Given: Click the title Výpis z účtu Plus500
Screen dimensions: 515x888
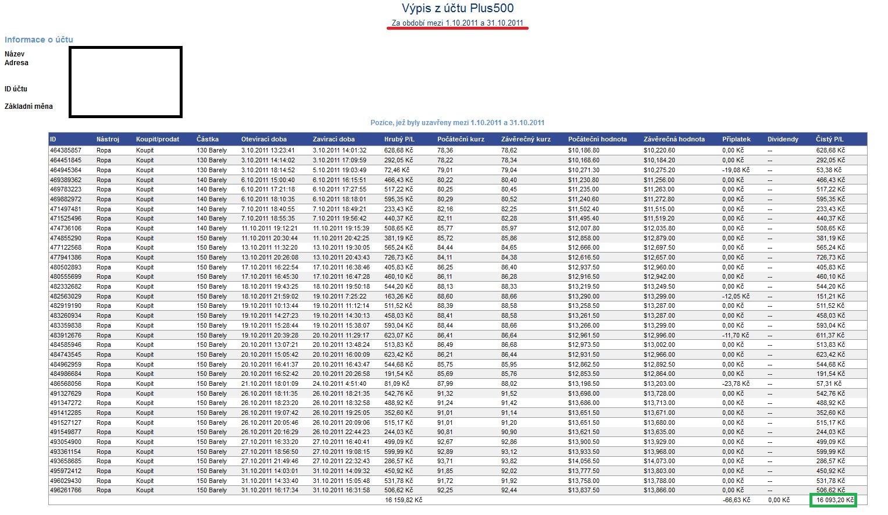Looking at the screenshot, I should (x=458, y=9).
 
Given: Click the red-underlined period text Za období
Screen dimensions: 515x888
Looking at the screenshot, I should (x=458, y=23).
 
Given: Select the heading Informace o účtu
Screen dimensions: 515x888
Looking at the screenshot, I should (x=39, y=40).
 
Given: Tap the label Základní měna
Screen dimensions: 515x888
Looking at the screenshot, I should (x=28, y=106).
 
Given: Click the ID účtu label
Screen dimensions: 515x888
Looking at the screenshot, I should (x=16, y=89).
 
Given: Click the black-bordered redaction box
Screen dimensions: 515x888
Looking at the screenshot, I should (x=125, y=82).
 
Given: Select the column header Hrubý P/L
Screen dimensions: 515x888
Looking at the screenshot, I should (x=399, y=140).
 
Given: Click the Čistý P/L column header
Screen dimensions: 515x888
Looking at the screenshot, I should (x=829, y=140).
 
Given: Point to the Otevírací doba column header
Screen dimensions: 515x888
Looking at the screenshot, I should (x=263, y=140).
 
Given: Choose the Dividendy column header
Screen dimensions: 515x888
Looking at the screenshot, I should (x=783, y=140).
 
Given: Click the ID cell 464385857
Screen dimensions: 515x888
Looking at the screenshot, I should (x=66, y=151).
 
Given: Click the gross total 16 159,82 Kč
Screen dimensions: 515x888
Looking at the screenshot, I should (x=404, y=500).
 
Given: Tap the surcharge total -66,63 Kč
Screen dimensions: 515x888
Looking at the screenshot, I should (x=736, y=500).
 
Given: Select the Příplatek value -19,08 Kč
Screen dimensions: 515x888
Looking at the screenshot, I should (x=736, y=170).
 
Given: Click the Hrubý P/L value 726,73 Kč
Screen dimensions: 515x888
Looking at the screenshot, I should (x=398, y=257).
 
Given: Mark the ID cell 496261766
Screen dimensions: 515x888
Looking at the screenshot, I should (x=66, y=490).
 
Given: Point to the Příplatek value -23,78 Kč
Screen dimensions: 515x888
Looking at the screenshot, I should (x=736, y=383).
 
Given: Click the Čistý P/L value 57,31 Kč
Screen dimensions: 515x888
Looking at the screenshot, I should (x=829, y=383).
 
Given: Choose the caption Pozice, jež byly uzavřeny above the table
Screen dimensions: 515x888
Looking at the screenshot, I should (x=457, y=123).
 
